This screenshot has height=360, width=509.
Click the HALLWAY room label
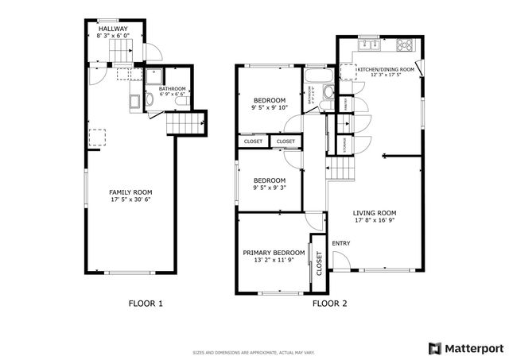[114, 29]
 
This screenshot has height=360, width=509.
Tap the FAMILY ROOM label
[130, 192]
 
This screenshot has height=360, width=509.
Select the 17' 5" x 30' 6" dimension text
[130, 199]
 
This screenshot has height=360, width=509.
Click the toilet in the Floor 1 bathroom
[134, 99]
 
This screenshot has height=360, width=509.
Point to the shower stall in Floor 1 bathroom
[153, 77]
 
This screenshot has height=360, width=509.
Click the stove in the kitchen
[404, 45]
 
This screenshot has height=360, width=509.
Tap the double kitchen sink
[369, 45]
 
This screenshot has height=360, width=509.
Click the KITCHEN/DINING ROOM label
[386, 70]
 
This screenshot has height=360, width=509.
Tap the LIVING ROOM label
[375, 213]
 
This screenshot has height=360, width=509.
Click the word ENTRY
[341, 243]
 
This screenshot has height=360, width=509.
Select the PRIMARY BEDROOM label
[274, 252]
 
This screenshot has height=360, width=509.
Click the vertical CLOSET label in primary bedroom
[320, 263]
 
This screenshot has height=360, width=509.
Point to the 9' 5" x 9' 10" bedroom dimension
[268, 108]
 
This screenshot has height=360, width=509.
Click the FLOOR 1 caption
[146, 303]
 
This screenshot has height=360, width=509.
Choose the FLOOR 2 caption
[329, 303]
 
